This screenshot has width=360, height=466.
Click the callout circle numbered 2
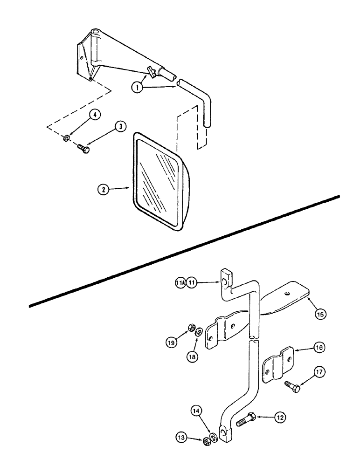point(103,189)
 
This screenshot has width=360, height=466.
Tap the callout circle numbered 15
point(319,315)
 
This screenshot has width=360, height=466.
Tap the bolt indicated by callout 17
point(292,385)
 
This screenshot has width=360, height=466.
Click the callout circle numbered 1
point(138,87)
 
